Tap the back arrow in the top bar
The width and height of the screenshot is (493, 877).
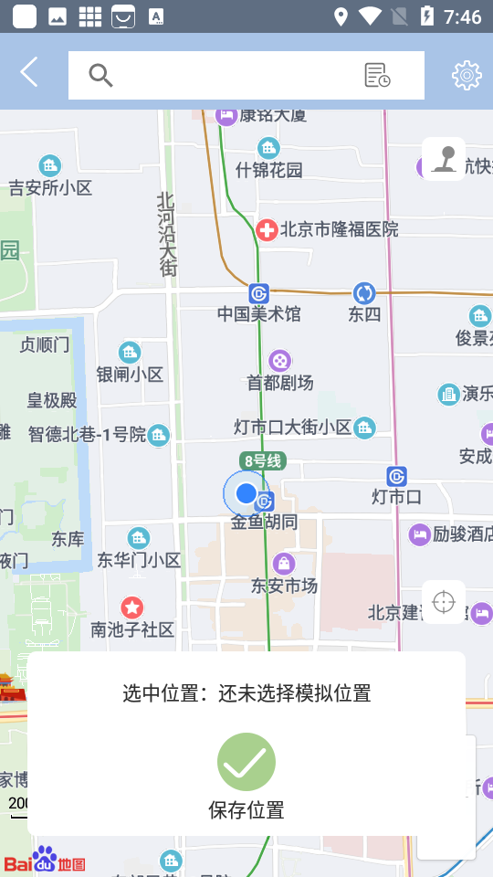click(29, 72)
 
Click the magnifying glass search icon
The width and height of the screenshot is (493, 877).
click(100, 75)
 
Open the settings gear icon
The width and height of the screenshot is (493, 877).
click(467, 75)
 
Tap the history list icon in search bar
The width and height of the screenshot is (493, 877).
click(377, 75)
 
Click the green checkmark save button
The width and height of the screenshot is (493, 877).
click(246, 762)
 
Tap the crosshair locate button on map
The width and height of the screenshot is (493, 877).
click(444, 603)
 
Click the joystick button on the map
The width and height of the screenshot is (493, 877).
click(444, 159)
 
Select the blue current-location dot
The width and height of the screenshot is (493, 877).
click(246, 493)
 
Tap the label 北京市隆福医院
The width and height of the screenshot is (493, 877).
click(340, 229)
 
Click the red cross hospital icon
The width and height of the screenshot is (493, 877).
click(267, 229)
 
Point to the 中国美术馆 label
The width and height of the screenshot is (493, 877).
click(258, 314)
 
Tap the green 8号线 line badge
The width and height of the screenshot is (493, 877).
click(263, 461)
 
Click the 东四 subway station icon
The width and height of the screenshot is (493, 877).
click(364, 293)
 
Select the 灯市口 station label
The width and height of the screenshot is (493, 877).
click(396, 497)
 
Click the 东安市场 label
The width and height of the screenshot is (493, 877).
click(284, 586)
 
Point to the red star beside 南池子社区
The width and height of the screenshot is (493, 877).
click(132, 607)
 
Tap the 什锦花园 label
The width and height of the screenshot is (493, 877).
click(268, 170)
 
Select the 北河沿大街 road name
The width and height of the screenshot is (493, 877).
click(167, 234)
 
